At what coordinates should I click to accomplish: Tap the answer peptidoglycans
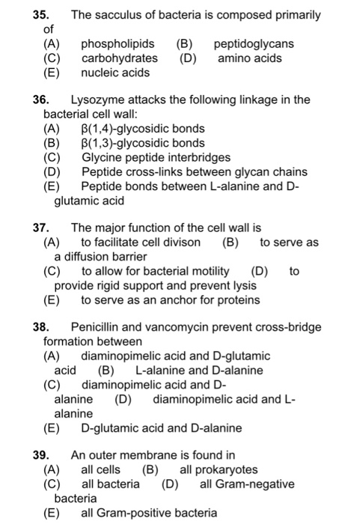click(x=254, y=44)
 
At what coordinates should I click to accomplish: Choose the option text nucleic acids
click(x=115, y=73)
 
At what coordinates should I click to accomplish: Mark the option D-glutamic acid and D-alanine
click(x=161, y=428)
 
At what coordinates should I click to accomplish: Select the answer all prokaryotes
click(x=219, y=469)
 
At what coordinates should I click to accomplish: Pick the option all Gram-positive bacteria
click(x=149, y=513)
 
